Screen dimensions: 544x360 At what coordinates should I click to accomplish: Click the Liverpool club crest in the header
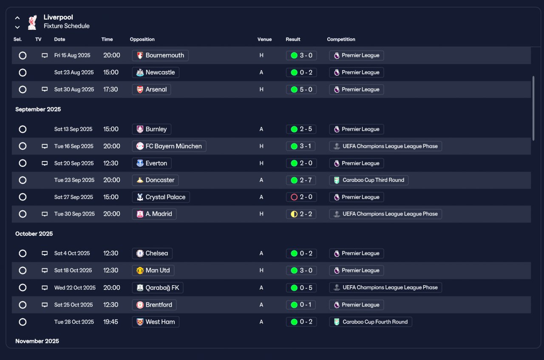[x=32, y=23]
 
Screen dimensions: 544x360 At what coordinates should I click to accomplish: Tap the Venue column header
[x=264, y=40]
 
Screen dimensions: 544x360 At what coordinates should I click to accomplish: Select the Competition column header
[x=341, y=40]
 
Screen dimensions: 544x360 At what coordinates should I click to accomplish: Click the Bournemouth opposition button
[x=160, y=55]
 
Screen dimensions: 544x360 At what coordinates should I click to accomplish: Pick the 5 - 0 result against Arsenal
[x=301, y=89]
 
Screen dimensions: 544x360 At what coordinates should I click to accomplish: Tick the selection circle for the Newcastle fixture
[x=23, y=72]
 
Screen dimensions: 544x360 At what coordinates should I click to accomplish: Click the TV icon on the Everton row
[x=45, y=163]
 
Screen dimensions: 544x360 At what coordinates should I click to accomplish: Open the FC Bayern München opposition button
[x=169, y=146]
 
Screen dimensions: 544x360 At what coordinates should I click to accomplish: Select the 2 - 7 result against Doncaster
[x=301, y=180]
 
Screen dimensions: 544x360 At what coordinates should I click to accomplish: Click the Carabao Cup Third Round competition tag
[x=368, y=180]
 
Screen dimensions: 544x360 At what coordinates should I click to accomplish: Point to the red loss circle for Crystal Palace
[x=294, y=197]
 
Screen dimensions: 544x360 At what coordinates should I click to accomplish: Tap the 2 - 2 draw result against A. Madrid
[x=301, y=214]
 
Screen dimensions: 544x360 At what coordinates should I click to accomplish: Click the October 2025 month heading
[x=34, y=234]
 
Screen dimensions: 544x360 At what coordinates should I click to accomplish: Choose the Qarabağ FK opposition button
[x=158, y=288]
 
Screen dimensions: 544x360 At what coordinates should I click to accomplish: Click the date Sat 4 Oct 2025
[x=72, y=253]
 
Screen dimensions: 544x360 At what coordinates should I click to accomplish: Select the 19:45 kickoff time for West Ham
[x=110, y=322]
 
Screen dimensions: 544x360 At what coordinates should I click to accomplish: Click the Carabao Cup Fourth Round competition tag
[x=371, y=322]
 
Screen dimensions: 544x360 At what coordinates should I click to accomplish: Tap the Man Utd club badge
[x=140, y=270]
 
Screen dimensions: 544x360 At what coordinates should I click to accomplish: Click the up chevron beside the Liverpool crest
[x=17, y=18]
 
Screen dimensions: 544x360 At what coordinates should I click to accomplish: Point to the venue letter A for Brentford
[x=261, y=305]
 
